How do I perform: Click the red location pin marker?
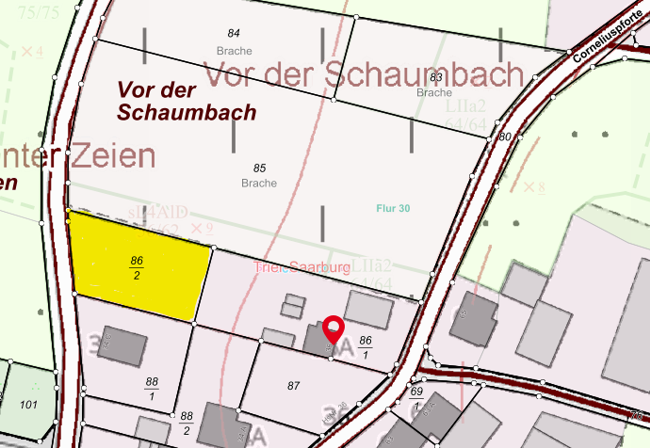pos(333,330)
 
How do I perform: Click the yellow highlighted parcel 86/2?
pos(138,265)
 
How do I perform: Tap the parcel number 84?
pos(234,34)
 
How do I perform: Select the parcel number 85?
pos(260,168)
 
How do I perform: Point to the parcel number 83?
pos(435,77)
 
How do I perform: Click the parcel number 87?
pos(293,386)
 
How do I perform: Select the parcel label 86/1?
pos(366,345)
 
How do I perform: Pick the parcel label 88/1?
pos(152,388)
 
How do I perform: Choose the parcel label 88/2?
pos(187,422)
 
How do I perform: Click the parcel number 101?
pos(27,406)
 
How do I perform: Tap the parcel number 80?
pos(505,137)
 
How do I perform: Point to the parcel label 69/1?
pos(417,396)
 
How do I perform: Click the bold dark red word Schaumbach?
pos(187,113)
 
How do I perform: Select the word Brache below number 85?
pos(260,183)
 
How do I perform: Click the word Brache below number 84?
pos(234,51)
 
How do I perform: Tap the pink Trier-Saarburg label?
pos(302,268)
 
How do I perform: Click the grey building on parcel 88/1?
pos(122,346)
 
